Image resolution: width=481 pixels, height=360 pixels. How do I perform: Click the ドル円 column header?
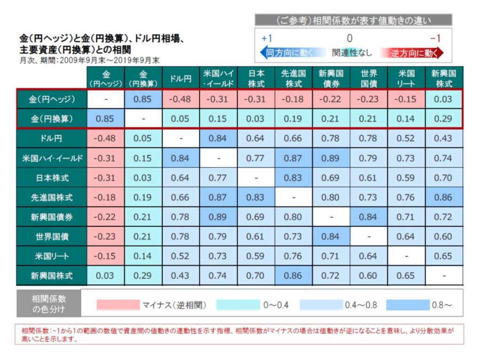click(x=181, y=78)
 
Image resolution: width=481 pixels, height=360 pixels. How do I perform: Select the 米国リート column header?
click(x=406, y=78)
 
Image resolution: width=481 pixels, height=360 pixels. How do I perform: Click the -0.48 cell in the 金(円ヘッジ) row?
click(x=181, y=99)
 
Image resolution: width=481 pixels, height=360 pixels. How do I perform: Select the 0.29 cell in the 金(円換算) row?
click(x=444, y=119)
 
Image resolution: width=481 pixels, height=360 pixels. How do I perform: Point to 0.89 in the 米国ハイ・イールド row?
click(x=331, y=158)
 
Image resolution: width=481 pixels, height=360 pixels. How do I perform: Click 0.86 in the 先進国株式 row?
click(x=444, y=198)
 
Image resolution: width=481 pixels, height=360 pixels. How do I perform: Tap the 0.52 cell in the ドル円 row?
click(x=406, y=138)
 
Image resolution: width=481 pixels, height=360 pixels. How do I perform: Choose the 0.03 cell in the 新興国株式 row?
click(x=106, y=276)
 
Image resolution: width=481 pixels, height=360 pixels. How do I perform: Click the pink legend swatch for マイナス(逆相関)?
click(x=118, y=305)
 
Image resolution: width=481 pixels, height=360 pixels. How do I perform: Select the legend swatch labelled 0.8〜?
click(x=407, y=305)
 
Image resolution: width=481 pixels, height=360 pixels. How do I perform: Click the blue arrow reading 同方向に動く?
click(x=287, y=53)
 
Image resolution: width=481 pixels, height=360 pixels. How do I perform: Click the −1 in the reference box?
click(x=435, y=38)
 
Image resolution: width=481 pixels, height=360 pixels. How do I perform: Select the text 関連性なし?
click(x=351, y=53)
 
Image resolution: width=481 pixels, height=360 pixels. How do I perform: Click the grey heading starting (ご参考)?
click(x=353, y=20)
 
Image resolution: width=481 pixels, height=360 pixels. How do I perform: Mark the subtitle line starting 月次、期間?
click(x=89, y=61)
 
